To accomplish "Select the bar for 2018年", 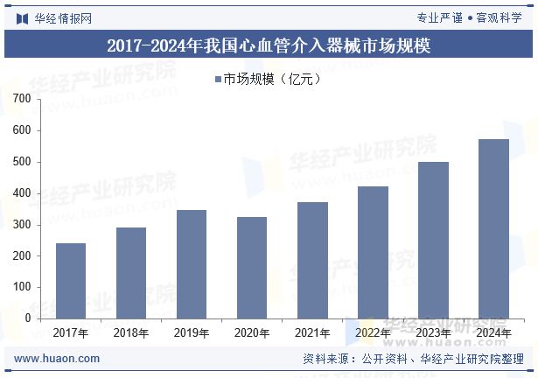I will coord(131,272).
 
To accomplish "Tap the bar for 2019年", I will coord(192,263).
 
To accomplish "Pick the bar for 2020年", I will coord(252,267).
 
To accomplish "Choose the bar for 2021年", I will coord(312,260).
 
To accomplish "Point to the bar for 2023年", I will coord(433,240).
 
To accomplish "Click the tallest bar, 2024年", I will coord(493,228).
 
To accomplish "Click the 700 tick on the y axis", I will coord(23,100).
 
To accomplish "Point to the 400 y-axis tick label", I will coord(23,193).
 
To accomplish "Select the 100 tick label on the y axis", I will coord(23,287).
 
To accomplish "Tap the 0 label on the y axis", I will coord(28,318).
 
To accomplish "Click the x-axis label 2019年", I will coord(192,333).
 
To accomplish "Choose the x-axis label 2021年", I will coord(312,333).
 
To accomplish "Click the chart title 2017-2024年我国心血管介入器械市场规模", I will coord(269,45).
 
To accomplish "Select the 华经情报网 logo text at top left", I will coord(63,17).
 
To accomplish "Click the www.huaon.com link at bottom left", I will coord(58,359).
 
